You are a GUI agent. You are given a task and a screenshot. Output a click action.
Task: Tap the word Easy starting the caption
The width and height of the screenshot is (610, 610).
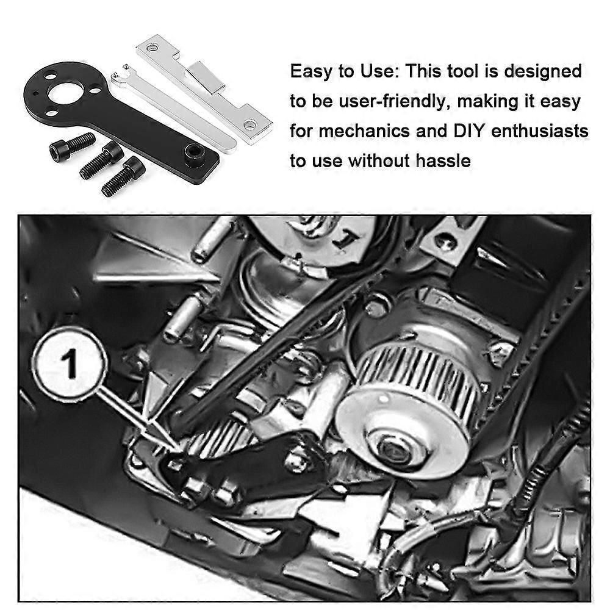[310, 71]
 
